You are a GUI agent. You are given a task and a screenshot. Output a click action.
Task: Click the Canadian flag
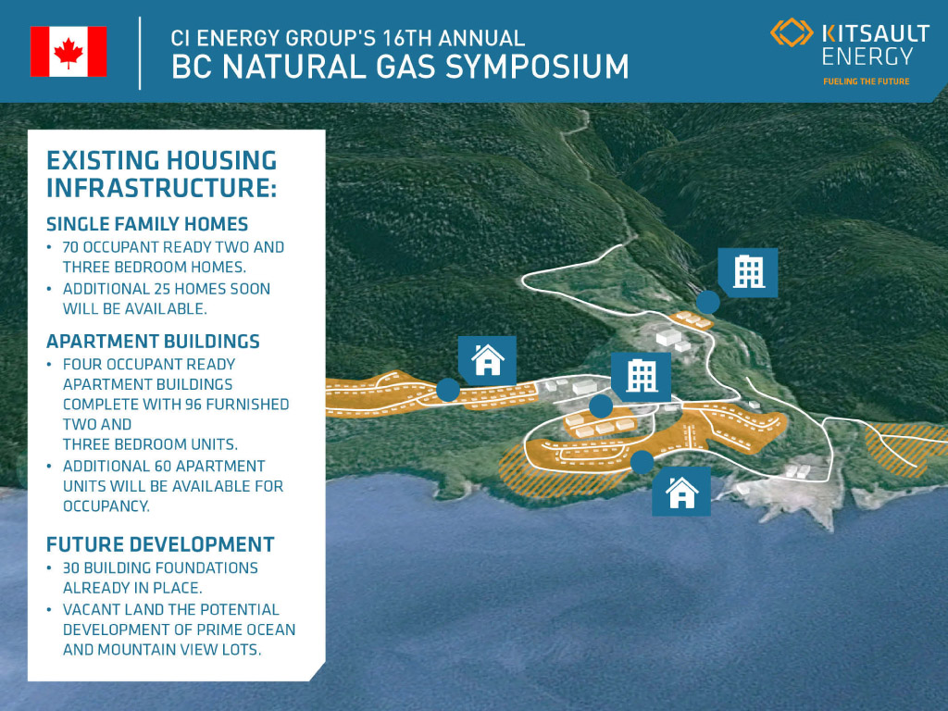coord(69,52)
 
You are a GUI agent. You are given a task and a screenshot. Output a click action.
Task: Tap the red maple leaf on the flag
coord(69,52)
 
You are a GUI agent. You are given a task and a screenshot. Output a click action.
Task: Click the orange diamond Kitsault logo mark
coord(792,32)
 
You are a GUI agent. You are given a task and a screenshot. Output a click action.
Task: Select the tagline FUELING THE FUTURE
coord(866,81)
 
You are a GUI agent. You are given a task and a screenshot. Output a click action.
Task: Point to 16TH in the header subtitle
coord(407,38)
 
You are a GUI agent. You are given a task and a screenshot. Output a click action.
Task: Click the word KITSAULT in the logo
coord(876,33)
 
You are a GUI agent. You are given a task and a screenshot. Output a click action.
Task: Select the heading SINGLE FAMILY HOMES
coord(147,224)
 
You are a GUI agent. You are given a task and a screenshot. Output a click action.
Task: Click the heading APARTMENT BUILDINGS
coord(153,342)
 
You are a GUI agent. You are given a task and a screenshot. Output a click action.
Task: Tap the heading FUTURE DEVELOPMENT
coord(160,544)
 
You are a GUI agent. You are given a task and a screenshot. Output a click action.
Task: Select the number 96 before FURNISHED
coord(193,404)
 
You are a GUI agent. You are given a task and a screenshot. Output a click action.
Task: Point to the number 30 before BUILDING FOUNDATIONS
coord(71,568)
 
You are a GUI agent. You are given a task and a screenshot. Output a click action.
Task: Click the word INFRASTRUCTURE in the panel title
coord(161,187)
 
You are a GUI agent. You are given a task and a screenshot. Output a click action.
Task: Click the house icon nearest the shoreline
coord(681,493)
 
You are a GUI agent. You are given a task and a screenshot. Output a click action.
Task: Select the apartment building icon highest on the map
coord(748,272)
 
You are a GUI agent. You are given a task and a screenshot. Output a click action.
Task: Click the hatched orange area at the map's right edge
coord(904,447)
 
